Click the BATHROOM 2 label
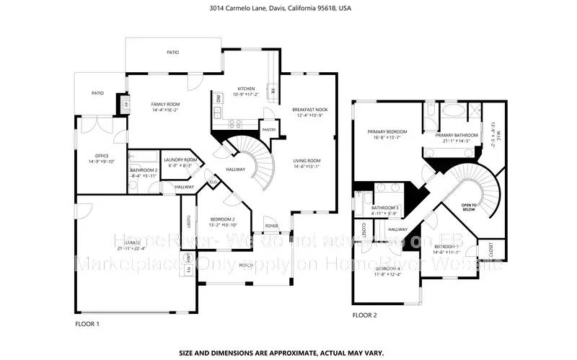coord(144,172)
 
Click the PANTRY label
coord(269,130)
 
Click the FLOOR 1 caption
coord(87,324)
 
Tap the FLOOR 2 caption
coord(364,315)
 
